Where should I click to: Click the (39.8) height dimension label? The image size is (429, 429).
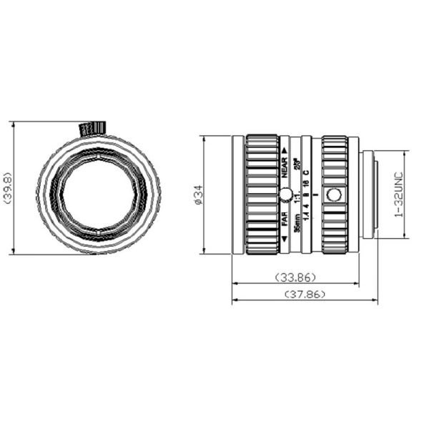7,187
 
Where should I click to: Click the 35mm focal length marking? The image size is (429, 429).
296,217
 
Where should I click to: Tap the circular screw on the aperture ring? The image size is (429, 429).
333,194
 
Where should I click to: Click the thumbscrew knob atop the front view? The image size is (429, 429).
92,128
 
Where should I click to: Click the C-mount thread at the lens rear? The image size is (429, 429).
369,194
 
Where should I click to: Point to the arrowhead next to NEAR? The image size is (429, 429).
285,152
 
